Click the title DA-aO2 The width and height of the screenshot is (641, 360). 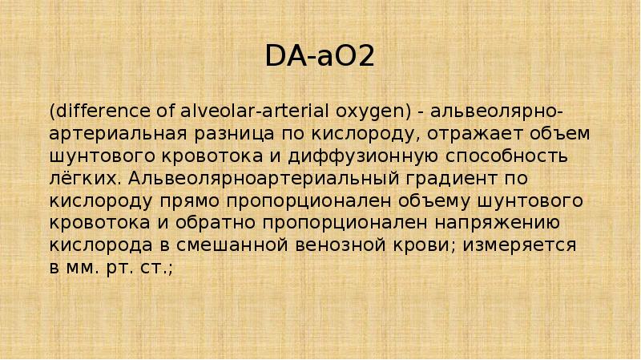320,56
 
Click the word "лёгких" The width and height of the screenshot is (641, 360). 76,176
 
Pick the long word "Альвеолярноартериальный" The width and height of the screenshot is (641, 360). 244,176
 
